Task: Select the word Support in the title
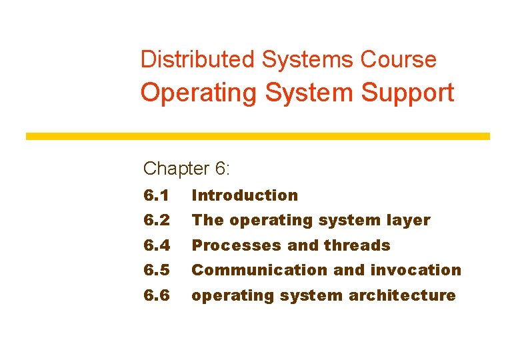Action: click(407, 92)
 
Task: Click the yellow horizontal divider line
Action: click(257, 136)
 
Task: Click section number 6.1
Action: click(157, 195)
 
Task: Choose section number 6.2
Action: click(157, 220)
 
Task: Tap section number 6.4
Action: click(157, 245)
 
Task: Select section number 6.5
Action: click(157, 270)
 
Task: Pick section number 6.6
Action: click(157, 295)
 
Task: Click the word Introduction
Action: click(245, 195)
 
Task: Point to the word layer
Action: click(409, 220)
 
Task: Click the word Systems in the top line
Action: click(308, 59)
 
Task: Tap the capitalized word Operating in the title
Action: click(198, 93)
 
